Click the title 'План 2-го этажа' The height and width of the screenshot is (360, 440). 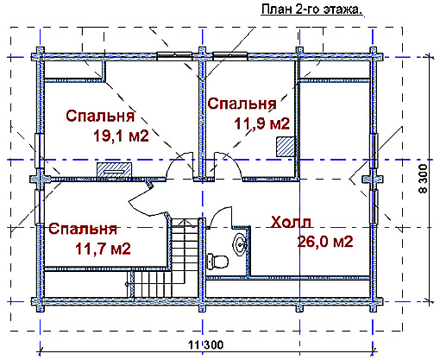coord(311,9)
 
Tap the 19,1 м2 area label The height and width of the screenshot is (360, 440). coord(121,136)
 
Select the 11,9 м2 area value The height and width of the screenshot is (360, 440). coord(261,123)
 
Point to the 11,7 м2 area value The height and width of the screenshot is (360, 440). coord(103,249)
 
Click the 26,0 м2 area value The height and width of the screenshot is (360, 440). coord(325,241)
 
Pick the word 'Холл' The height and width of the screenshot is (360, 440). coord(291,222)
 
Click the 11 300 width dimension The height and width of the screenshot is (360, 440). coord(205,344)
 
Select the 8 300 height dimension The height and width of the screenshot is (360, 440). coord(423,179)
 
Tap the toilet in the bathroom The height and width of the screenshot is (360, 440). coord(217,262)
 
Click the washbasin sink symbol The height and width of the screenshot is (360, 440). coord(240,244)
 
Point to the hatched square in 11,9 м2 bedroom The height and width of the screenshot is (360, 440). coord(286,147)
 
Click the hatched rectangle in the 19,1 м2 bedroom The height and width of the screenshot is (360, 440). coord(114,170)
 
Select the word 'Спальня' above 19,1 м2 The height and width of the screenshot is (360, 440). coord(100,116)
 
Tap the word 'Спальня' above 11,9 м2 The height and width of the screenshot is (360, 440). coord(242,104)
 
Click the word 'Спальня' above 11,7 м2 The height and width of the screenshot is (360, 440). coord(83,229)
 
